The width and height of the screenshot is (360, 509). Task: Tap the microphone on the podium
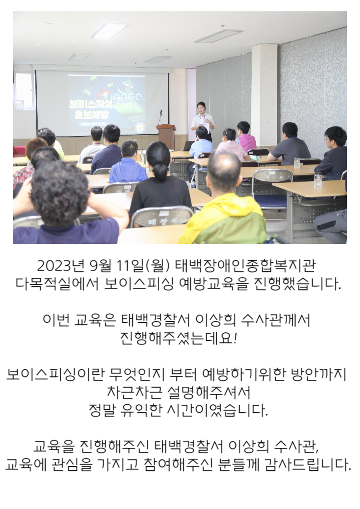click(x=160, y=117)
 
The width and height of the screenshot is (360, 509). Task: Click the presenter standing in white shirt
click(x=203, y=120)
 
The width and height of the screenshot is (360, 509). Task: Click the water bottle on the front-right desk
click(x=317, y=180)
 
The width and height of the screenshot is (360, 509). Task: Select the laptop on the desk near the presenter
click(x=187, y=146)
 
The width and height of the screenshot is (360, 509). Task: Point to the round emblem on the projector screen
click(x=140, y=126)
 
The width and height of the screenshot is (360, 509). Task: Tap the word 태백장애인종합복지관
click(x=245, y=266)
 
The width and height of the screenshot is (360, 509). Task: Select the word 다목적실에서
click(x=57, y=284)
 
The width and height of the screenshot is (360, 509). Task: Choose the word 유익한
click(x=141, y=410)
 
